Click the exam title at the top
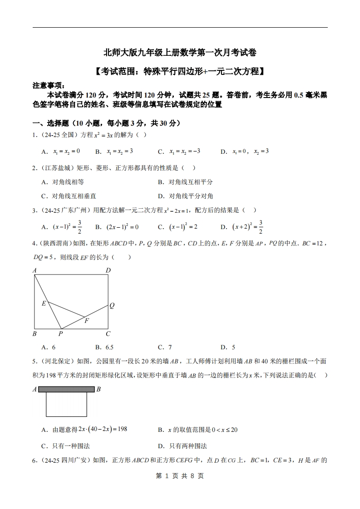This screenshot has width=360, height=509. click(180, 53)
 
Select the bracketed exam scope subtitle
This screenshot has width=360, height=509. click(180, 71)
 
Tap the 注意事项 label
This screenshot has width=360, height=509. click(49, 85)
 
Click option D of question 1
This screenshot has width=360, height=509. click(245, 152)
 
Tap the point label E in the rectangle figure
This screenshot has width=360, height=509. click(44, 303)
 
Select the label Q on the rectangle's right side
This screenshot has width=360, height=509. click(112, 306)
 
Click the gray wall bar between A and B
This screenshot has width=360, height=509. click(66, 389)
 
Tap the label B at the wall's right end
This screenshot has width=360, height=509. click(99, 389)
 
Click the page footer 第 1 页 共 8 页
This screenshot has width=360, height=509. click(180, 476)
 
